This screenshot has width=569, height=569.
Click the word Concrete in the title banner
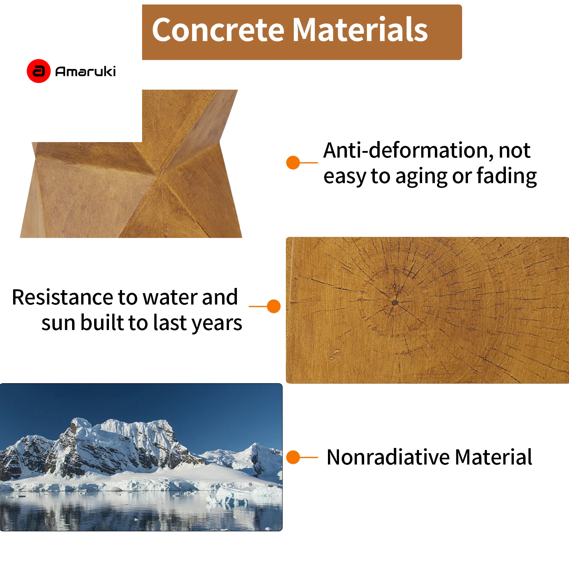click(x=218, y=30)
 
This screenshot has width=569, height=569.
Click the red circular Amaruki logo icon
click(x=39, y=71)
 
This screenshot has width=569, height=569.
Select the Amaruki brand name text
click(x=86, y=71)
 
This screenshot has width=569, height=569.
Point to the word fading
click(x=507, y=176)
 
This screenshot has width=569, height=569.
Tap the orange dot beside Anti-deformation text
click(x=293, y=162)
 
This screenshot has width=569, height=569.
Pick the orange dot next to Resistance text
click(x=274, y=306)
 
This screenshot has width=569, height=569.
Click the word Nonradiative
click(x=388, y=457)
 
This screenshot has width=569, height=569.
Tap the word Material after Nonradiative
click(x=493, y=457)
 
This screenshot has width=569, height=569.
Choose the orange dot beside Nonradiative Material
click(x=293, y=457)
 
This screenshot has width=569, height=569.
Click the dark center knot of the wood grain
click(x=395, y=302)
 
